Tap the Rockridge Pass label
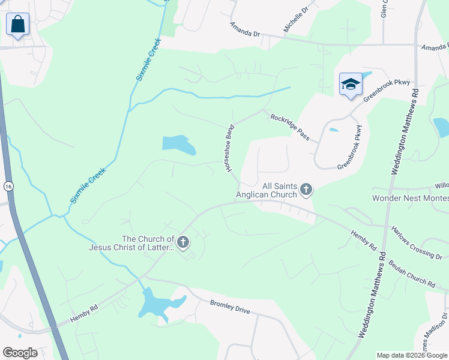point(290,127)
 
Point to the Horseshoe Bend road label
point(229,148)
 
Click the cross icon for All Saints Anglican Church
point(306,190)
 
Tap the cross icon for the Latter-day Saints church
point(183,242)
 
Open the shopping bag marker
point(17,25)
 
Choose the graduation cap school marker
point(351,85)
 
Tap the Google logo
point(20,353)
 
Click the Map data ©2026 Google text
point(411,355)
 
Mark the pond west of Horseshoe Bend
point(178,144)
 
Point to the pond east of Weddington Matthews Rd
point(441,127)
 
